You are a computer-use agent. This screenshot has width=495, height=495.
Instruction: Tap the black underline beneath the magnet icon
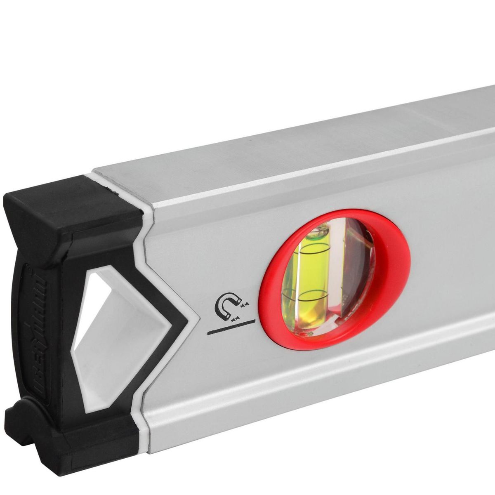click(231, 324)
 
